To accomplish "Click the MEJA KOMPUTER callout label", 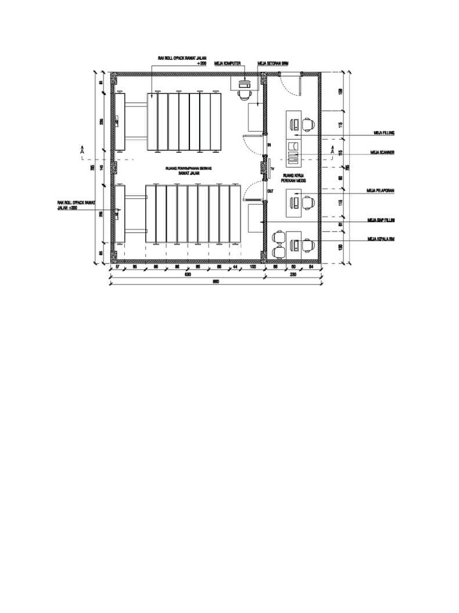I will [227, 62].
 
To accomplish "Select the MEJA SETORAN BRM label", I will [273, 62].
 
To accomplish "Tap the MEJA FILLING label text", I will [382, 133].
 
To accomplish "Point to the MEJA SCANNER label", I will [383, 153].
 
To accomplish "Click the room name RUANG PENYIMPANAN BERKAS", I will [189, 169].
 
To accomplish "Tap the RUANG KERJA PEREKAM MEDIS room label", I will [294, 178].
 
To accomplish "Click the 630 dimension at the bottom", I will [186, 275].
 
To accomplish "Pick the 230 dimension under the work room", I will [293, 275].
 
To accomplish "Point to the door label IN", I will [270, 145].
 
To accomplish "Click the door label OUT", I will [270, 192].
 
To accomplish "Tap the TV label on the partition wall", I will [273, 169].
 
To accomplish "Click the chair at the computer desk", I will [244, 94].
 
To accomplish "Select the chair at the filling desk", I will [308, 125].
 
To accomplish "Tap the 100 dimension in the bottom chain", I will [253, 266].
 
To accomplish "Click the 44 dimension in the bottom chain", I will [235, 266].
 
